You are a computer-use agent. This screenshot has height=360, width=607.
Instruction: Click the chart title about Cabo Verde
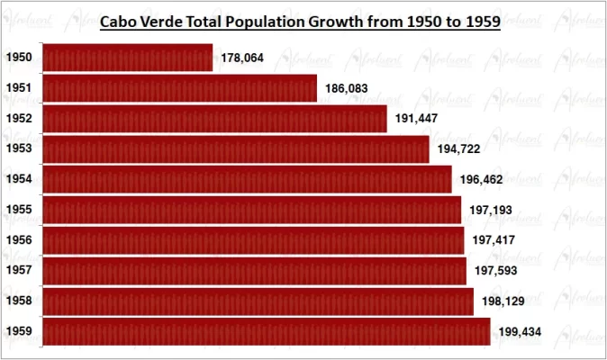pyautogui.click(x=299, y=22)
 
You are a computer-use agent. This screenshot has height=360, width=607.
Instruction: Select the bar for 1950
pyautogui.click(x=128, y=58)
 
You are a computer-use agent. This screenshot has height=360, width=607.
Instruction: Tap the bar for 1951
pyautogui.click(x=180, y=88)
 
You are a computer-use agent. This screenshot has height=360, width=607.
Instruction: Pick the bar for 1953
pyautogui.click(x=236, y=148)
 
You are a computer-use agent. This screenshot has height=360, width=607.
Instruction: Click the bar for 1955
pyautogui.click(x=252, y=210)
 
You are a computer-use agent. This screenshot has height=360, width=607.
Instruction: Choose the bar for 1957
pyautogui.click(x=254, y=270)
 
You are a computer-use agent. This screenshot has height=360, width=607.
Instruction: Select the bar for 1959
pyautogui.click(x=267, y=331)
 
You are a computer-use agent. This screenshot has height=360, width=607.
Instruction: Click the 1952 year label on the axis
pyautogui.click(x=19, y=119)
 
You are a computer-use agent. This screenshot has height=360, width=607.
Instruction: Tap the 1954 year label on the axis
pyautogui.click(x=19, y=180)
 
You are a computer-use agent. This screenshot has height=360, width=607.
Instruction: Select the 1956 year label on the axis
pyautogui.click(x=19, y=240)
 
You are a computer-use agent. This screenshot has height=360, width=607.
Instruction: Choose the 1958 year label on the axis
pyautogui.click(x=19, y=301)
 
